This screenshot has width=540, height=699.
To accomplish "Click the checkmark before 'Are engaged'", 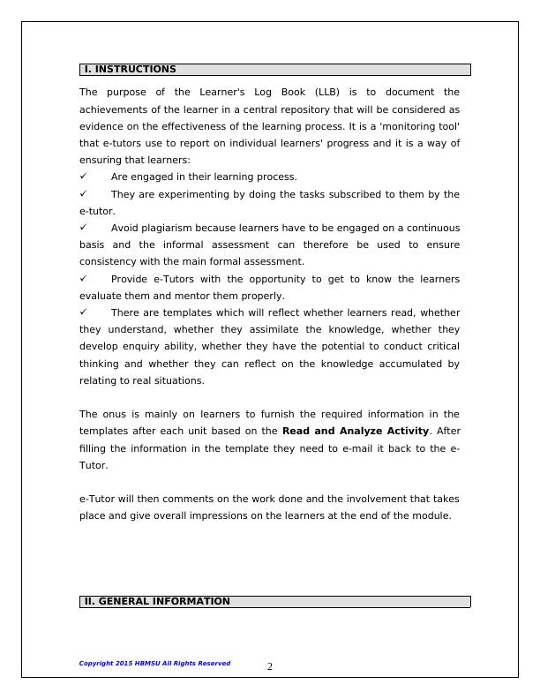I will click(84, 177).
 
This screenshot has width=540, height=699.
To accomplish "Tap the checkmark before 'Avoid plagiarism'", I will click(84, 228).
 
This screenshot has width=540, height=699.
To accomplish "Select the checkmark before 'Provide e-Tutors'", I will click(84, 279).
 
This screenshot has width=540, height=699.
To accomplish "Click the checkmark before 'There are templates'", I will click(84, 312).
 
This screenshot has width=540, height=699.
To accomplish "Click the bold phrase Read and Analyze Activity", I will click(356, 431).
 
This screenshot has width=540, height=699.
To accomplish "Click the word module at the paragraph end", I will click(432, 516).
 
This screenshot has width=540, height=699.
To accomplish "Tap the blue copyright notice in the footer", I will click(154, 663).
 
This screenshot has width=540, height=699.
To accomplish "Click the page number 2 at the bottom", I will click(270, 667).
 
